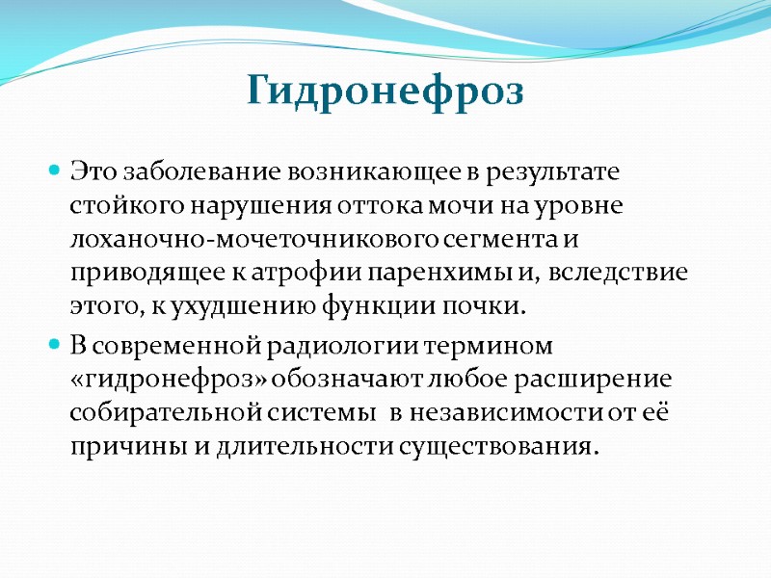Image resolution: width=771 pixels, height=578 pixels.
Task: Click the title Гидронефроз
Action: pos(385,92)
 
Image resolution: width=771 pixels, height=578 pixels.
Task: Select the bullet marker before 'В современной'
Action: pos(55,343)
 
